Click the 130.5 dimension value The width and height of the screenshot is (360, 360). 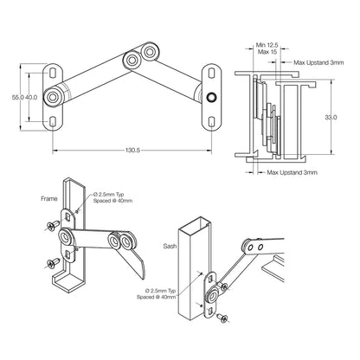(132, 150)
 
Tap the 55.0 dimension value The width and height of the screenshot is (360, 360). (17, 97)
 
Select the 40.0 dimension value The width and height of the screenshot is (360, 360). (31, 97)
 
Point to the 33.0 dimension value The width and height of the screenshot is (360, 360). (331, 117)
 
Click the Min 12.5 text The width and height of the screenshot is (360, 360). (267, 45)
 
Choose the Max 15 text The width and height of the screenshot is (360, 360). (267, 52)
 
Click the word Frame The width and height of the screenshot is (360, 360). (49, 198)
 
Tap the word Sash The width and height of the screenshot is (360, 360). (170, 246)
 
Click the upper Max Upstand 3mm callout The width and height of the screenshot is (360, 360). (318, 62)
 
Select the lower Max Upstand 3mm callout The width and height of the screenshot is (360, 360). (292, 172)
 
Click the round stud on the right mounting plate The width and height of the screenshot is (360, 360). (211, 97)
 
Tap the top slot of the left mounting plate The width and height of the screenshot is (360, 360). (53, 72)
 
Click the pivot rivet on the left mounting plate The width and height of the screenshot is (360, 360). (53, 97)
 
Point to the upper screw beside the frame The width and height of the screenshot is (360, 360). (53, 225)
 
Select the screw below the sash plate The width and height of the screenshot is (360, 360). (222, 318)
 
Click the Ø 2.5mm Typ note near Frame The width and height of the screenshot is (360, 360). (108, 194)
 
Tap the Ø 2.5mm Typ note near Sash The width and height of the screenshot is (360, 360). (160, 291)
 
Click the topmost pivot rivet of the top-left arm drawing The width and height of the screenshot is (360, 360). (149, 52)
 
